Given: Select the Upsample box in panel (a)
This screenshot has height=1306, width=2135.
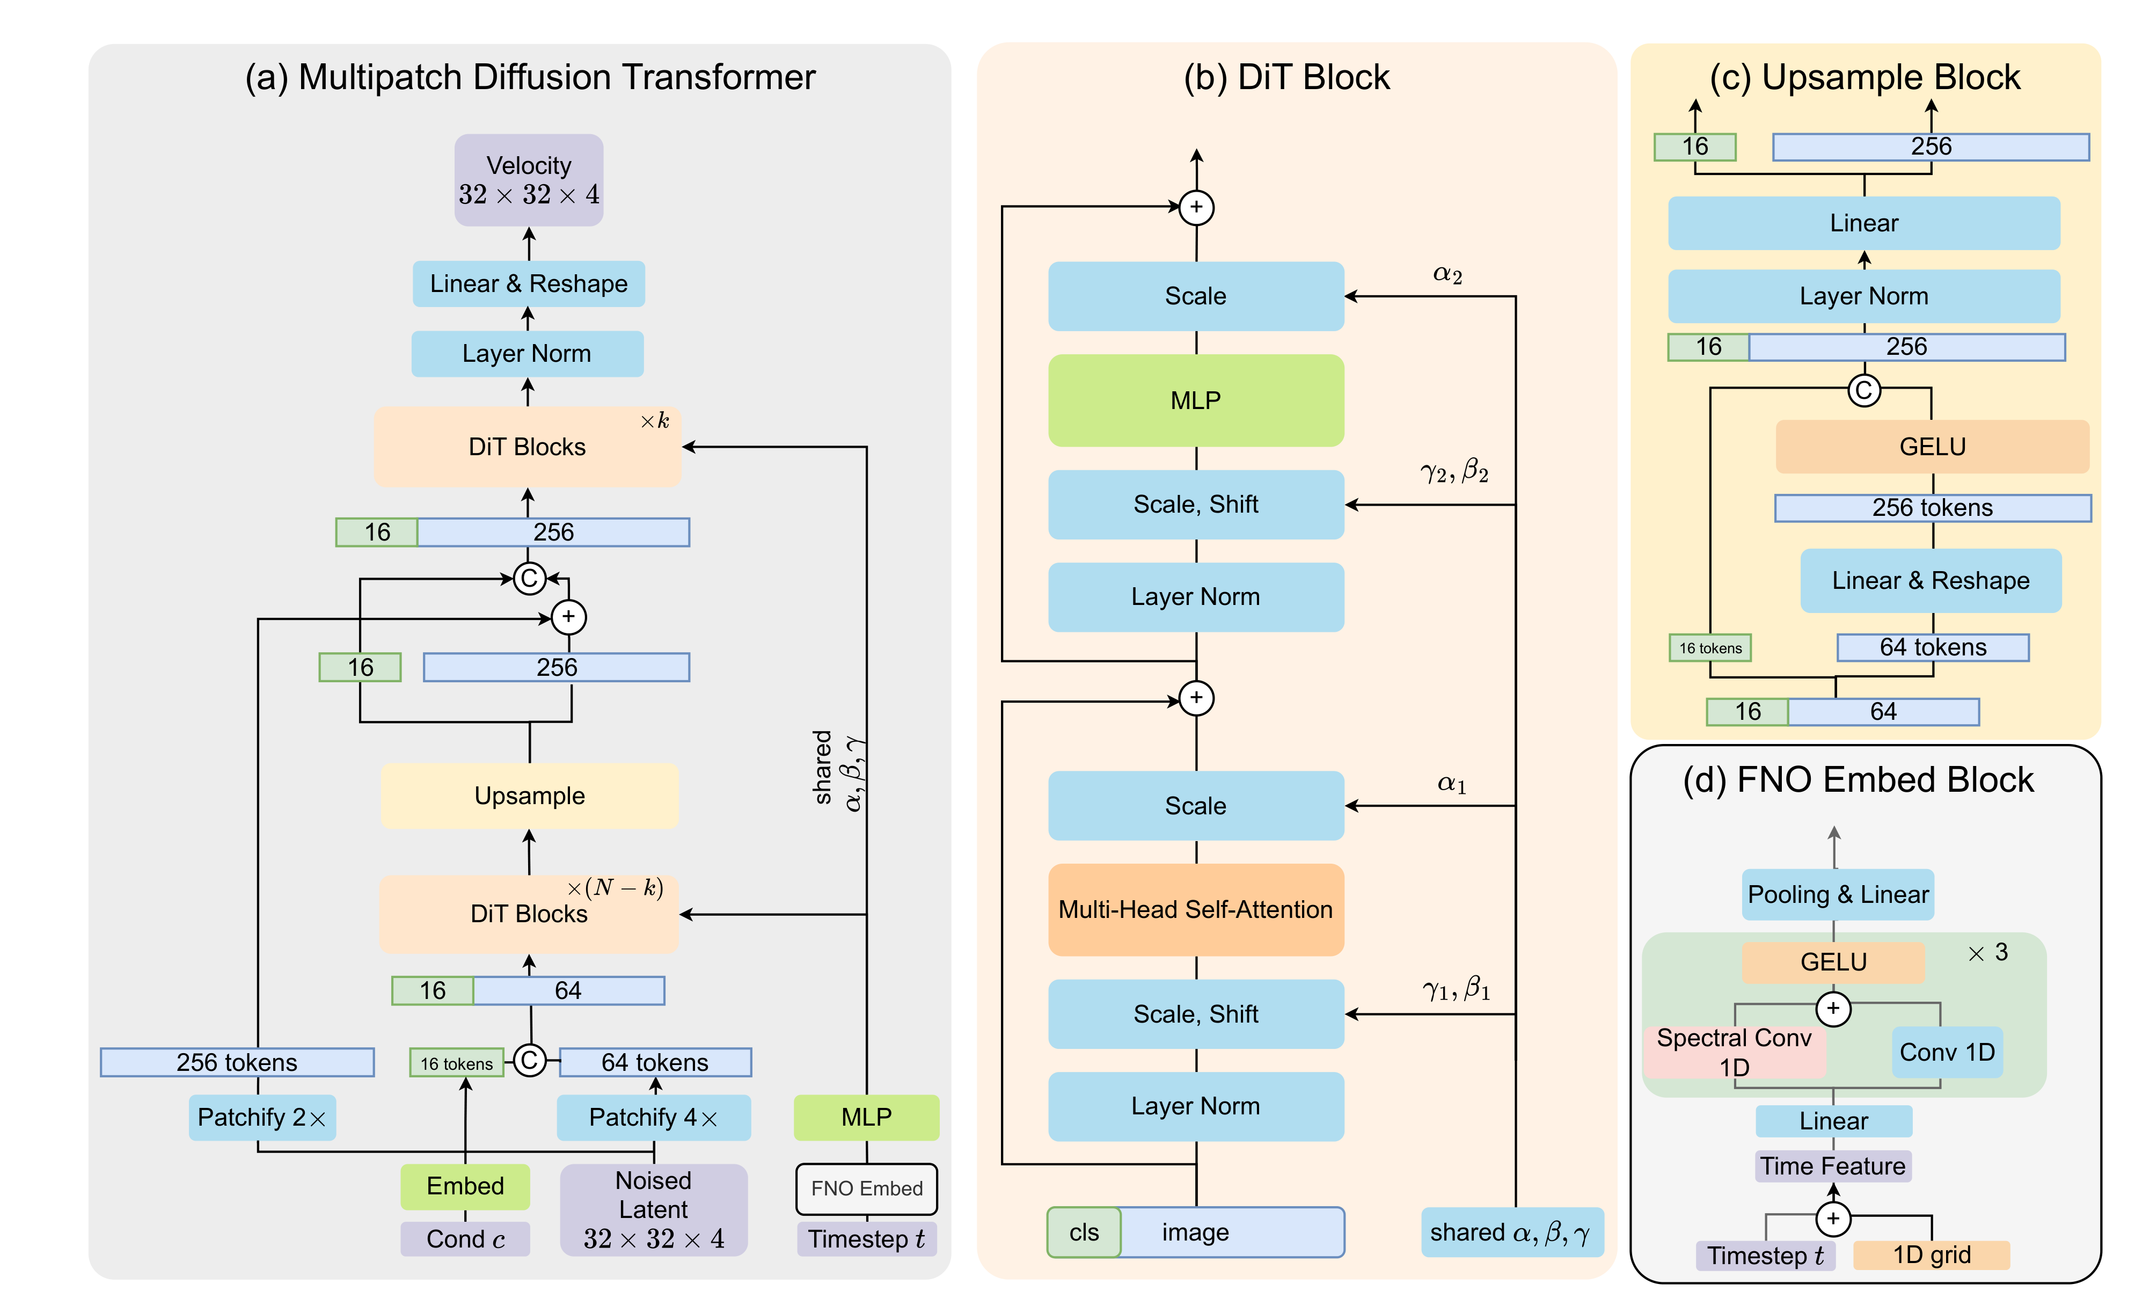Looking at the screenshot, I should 529,796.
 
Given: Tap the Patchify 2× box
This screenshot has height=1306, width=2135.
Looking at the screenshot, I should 262,1117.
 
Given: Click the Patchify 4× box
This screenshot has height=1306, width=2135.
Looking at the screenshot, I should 653,1117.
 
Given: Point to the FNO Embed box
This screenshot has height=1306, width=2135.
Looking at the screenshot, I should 866,1188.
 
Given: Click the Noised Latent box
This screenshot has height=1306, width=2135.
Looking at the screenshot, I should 653,1209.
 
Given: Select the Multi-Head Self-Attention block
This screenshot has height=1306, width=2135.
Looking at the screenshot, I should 1196,909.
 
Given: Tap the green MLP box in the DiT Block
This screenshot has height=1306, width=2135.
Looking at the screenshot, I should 1196,400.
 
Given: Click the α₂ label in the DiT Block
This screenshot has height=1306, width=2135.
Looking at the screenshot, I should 1447,275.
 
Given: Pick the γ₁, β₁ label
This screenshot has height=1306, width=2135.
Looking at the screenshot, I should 1456,989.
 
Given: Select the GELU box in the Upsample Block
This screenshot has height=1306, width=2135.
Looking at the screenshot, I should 1932,446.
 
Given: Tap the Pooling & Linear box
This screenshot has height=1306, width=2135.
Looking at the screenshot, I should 1838,894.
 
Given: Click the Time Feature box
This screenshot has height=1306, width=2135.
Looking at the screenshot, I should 1833,1165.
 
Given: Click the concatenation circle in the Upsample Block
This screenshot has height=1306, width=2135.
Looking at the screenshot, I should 1864,390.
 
